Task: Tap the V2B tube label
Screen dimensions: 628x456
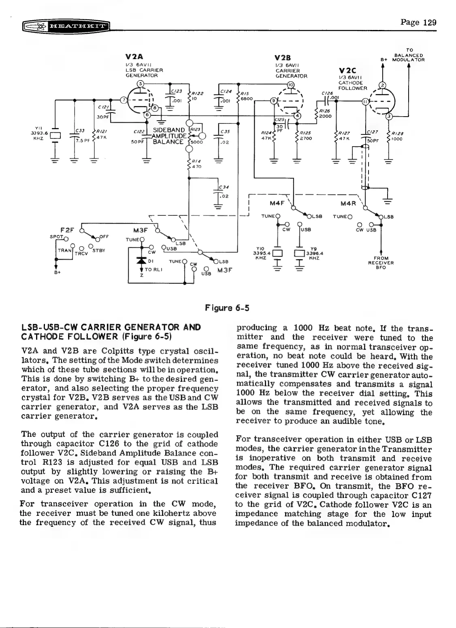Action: coord(283,57)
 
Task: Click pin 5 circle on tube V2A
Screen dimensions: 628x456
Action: coord(140,84)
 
